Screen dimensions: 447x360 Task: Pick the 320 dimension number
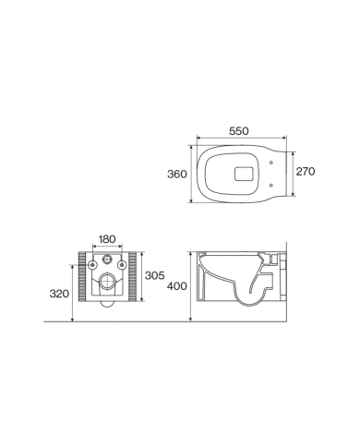[x=58, y=293]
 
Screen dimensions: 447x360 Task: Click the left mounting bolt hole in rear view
[x=95, y=268]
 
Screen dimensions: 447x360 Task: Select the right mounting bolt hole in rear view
[x=121, y=268]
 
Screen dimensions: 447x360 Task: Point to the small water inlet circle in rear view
[x=108, y=260]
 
